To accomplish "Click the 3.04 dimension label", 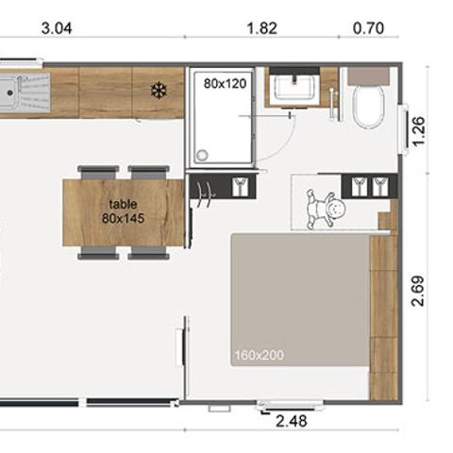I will point(58,28).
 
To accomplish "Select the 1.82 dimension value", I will point(261,28).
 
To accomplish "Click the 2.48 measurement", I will point(290,422).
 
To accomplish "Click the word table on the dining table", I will point(122,203).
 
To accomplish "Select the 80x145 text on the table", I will point(122,218).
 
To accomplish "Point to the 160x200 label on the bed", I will point(259,356).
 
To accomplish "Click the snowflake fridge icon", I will point(159,91).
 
